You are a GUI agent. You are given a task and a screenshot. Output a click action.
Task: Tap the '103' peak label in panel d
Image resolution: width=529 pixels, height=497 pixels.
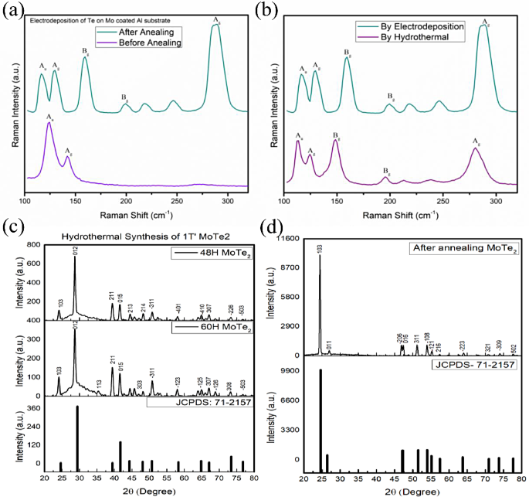(x=320, y=249)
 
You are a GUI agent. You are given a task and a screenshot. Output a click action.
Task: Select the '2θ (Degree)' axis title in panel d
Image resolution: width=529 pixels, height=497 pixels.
(x=415, y=490)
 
